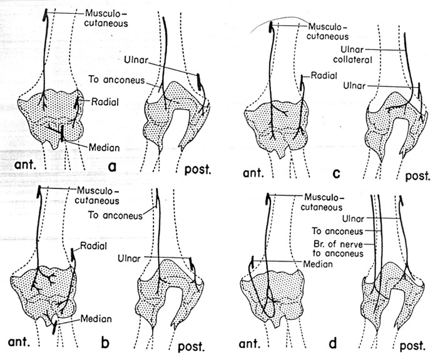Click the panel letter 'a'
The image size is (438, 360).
(x=112, y=167)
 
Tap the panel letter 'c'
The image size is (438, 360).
(x=337, y=174)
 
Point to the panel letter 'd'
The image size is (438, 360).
(x=333, y=343)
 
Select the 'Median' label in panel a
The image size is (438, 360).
(x=104, y=147)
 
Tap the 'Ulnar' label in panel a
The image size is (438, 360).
(x=136, y=60)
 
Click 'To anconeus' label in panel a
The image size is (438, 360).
(x=117, y=80)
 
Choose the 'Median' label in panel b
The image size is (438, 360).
(x=96, y=319)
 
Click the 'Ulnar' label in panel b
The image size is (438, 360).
(x=129, y=258)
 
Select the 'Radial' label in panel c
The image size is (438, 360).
(x=324, y=76)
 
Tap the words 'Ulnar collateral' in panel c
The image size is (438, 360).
(x=352, y=54)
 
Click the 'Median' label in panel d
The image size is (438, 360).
(x=318, y=264)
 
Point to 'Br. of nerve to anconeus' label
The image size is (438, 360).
(x=338, y=249)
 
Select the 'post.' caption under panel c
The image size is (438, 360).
(x=417, y=175)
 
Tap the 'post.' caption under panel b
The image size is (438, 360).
(x=191, y=346)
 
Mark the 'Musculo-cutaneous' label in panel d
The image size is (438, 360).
(x=322, y=202)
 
